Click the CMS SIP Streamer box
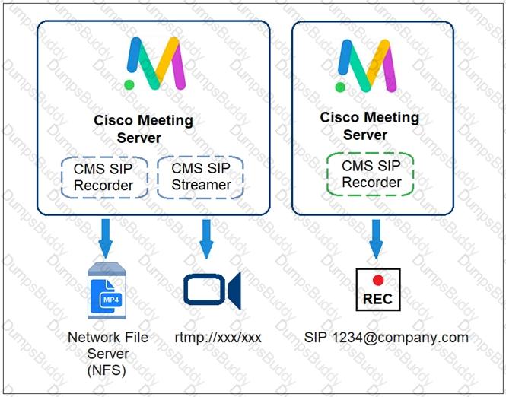click(x=200, y=177)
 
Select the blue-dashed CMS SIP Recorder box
click(x=104, y=177)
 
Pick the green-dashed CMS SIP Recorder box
click(x=370, y=174)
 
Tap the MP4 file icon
click(x=107, y=291)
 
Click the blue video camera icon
click(x=212, y=290)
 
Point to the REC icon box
click(x=378, y=289)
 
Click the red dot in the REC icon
click(x=378, y=280)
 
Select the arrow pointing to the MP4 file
click(x=106, y=238)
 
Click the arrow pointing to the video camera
click(x=206, y=239)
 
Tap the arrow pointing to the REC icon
click(x=376, y=239)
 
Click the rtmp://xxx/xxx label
click(x=218, y=338)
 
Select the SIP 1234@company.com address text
click(x=387, y=338)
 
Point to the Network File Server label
click(x=108, y=345)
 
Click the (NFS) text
click(x=107, y=370)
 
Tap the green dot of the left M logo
click(x=129, y=85)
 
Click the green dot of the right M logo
click(x=340, y=87)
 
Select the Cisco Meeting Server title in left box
click(x=143, y=129)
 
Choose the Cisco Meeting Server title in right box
click(x=370, y=126)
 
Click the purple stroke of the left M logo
click(x=178, y=66)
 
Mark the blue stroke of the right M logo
click(x=345, y=57)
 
